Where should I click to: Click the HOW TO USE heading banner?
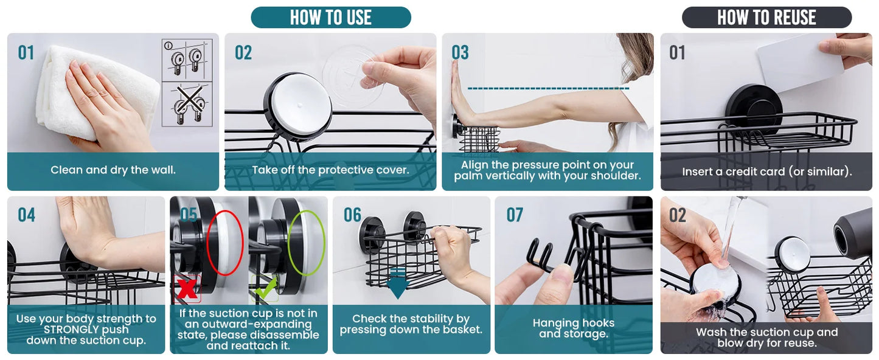[331, 17]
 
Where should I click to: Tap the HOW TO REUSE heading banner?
[767, 17]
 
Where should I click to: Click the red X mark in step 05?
[187, 289]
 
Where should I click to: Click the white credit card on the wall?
[801, 63]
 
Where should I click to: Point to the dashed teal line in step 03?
[548, 89]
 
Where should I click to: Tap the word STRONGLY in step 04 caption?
[86, 330]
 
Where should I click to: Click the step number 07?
[515, 215]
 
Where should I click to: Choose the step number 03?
[460, 52]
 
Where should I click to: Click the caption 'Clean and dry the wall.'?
[113, 170]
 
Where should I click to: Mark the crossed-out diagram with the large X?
[187, 104]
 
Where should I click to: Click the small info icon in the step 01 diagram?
[169, 46]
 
